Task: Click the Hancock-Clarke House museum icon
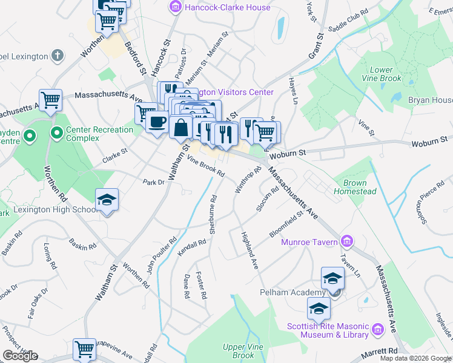[175, 7]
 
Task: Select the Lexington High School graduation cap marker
[107, 200]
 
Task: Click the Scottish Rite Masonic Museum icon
[379, 330]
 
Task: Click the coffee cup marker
[157, 122]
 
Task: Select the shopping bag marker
[181, 127]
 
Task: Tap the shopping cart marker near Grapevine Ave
[84, 349]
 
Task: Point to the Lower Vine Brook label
[381, 74]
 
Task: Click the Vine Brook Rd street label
[207, 167]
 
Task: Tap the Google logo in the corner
[20, 356]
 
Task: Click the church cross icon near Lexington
[58, 56]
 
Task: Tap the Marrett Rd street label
[380, 351]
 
